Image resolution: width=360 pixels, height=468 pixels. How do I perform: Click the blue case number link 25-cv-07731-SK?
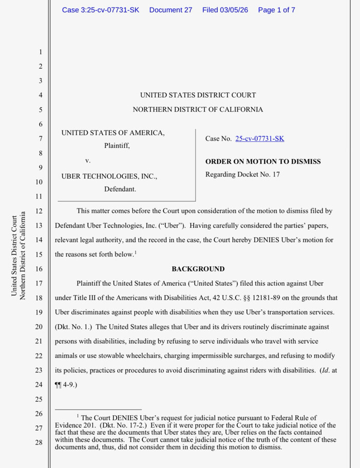point(259,139)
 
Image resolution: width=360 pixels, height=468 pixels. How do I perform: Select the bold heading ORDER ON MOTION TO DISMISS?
point(263,161)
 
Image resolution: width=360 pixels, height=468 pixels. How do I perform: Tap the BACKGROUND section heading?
point(198,269)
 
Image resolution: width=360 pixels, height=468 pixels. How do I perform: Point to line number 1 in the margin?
point(40,52)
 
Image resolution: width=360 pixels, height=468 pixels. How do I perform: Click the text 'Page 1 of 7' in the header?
point(276,10)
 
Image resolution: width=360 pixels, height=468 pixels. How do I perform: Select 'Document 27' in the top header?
point(170,10)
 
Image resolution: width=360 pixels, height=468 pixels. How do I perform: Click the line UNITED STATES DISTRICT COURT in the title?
point(198,95)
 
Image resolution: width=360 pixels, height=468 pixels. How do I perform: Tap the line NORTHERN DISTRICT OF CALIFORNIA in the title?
point(198,109)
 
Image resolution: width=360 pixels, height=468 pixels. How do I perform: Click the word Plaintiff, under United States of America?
point(117,146)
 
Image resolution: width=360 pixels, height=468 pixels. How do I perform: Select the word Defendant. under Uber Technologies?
point(120,189)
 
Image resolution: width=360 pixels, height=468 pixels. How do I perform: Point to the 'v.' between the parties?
point(88,161)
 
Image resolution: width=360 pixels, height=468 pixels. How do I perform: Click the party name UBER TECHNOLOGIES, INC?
point(109,176)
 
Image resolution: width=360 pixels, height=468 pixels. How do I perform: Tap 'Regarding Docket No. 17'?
point(242,174)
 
